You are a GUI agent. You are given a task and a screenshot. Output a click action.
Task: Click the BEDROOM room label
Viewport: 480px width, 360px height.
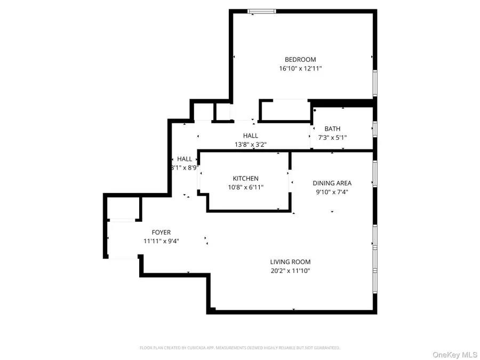[300, 60]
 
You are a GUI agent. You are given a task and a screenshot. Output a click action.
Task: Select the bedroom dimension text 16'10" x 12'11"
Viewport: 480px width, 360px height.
[300, 69]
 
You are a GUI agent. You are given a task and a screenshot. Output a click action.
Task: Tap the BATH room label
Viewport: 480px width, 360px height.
[332, 129]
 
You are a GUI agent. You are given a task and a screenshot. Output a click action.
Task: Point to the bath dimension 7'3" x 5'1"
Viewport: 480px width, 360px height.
[332, 138]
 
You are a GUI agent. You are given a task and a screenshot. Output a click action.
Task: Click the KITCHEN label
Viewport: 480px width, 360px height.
[245, 179]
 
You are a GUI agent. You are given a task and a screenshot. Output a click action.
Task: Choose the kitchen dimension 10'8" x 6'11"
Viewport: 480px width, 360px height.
[245, 187]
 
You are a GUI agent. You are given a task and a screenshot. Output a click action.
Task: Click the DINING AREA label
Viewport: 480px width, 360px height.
[332, 183]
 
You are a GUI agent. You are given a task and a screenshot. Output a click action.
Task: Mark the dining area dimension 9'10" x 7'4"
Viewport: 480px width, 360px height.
[332, 192]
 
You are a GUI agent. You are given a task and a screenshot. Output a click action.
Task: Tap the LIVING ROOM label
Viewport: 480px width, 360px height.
[290, 262]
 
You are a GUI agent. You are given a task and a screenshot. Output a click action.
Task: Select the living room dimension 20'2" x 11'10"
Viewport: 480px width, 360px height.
[290, 271]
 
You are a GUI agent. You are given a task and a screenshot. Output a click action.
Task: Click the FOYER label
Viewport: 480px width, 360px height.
[161, 233]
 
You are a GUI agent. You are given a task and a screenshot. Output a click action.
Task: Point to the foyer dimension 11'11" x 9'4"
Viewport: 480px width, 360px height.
[161, 241]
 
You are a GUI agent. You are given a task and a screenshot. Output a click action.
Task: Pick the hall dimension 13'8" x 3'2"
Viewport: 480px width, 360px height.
[251, 145]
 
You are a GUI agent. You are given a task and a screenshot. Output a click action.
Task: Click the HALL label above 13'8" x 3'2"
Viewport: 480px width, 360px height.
[251, 136]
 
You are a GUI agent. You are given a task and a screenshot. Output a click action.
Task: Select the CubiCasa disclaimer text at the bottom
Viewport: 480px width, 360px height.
[239, 348]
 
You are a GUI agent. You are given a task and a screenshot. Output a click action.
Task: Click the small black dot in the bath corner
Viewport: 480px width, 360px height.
[315, 110]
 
